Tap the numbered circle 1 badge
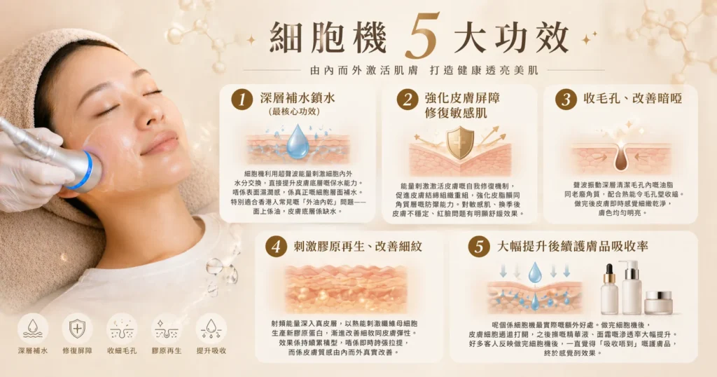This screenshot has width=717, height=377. tap(242, 100)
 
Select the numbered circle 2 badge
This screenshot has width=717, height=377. tap(406, 100)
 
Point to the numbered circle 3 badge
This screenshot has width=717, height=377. tap(566, 100)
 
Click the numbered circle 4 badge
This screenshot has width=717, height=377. tap(277, 247)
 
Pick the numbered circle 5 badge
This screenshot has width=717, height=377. tap(478, 247)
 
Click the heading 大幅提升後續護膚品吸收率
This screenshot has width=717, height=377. tap(572, 247)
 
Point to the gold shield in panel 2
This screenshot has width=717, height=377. tap(459, 142)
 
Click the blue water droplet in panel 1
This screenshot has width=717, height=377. tap(298, 142)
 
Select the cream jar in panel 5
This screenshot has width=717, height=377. tap(657, 302)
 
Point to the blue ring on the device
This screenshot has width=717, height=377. tap(87, 170)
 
